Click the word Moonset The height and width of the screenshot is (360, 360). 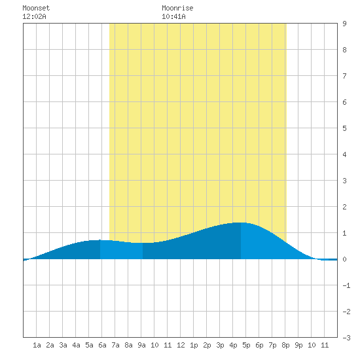point(36,8)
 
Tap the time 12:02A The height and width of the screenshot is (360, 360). point(34,16)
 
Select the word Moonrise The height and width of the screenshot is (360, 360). point(177,8)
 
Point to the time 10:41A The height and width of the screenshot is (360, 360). point(173,16)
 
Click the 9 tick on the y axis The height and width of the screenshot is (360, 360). point(344,24)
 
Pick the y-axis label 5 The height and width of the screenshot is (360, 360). point(344,128)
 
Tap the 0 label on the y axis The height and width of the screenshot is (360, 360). point(344,259)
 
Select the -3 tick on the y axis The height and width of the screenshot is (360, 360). point(346,338)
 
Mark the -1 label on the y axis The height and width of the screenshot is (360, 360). point(346,285)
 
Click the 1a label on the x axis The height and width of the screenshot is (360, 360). point(37,345)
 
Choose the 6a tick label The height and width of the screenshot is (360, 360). point(102,345)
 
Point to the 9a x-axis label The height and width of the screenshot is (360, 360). point(141,345)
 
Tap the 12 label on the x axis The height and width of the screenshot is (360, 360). point(181,345)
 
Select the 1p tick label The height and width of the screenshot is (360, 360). point(194,345)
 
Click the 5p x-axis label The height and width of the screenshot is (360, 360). point(246,345)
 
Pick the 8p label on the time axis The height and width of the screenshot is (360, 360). point(285,345)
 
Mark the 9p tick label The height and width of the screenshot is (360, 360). point(298,345)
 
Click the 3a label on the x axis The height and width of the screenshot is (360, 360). point(63,345)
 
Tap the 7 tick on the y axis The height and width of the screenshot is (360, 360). point(344,76)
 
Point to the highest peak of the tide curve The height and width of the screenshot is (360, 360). point(240,223)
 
